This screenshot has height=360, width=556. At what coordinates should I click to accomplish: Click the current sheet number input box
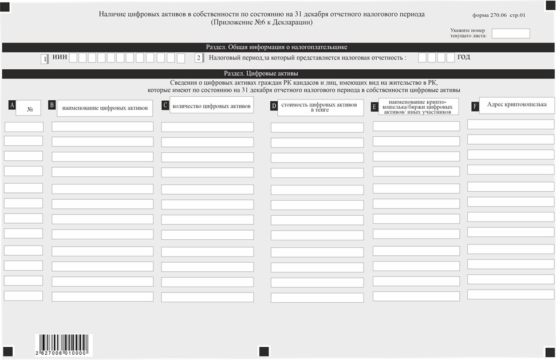(511, 33)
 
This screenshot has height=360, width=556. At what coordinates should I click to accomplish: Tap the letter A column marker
(11, 105)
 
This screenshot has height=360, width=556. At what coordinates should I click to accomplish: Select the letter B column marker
(52, 105)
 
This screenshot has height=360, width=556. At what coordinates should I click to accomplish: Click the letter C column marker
(165, 105)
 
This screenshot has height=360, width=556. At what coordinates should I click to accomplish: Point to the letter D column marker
(274, 106)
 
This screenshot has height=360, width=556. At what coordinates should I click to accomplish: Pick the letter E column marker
(374, 106)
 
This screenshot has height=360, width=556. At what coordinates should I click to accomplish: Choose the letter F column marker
(475, 106)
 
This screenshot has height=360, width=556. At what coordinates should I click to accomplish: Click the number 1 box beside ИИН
(45, 58)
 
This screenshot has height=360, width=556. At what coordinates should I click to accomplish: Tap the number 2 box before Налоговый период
(199, 58)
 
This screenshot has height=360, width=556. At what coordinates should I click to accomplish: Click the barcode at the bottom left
(63, 345)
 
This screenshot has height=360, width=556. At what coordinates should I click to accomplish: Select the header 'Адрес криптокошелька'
(516, 105)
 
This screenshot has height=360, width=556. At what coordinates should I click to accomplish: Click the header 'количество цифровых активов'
(211, 106)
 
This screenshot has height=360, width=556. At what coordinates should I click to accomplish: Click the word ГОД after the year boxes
(464, 58)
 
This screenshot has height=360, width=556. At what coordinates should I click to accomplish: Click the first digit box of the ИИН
(73, 58)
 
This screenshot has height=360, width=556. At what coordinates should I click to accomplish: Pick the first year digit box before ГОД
(423, 58)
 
